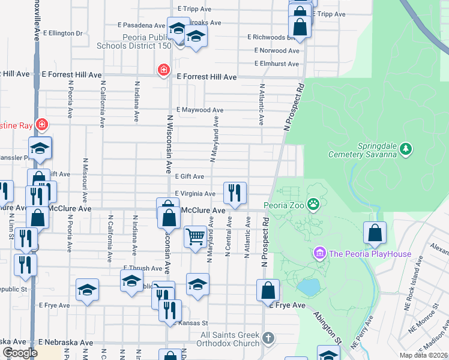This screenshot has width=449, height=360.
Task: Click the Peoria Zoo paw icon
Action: click(x=313, y=205)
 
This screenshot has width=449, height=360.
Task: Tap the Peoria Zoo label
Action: click(x=285, y=206)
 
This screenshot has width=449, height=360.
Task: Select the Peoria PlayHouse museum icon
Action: click(x=319, y=253)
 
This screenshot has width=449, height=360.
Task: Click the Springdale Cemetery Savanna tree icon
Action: click(x=406, y=148)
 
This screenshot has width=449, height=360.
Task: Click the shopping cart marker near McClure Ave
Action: click(x=195, y=236)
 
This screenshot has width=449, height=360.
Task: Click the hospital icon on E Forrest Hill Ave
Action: click(x=163, y=71)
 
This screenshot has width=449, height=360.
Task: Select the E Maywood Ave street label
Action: click(x=199, y=110)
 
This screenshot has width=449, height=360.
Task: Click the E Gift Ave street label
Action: click(x=189, y=176)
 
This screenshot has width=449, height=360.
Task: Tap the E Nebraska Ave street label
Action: click(x=66, y=342)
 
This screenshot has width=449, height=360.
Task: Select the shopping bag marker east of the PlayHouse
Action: click(x=375, y=234)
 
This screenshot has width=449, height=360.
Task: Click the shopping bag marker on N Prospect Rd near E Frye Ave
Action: click(x=268, y=290)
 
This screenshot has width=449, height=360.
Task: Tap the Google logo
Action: click(x=20, y=353)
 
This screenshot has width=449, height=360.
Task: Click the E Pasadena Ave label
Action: click(x=142, y=26)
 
